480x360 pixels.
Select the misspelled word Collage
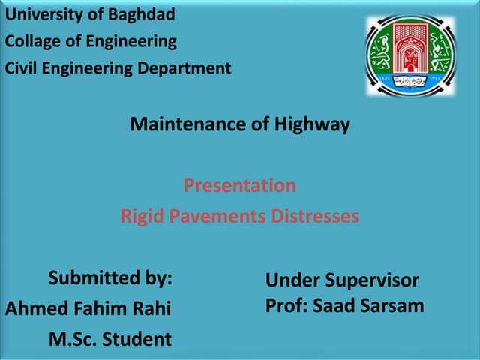[x=33, y=41]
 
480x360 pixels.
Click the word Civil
[x=22, y=68]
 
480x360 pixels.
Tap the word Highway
[x=312, y=124]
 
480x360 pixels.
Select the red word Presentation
[x=240, y=185]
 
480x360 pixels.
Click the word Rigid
[x=142, y=217]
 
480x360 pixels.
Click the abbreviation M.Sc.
[x=73, y=340]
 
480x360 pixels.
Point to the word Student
[x=137, y=340]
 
